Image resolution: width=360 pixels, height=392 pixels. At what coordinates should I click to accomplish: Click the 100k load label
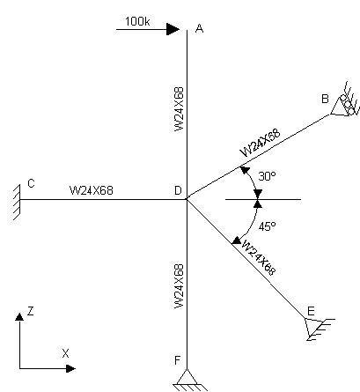[137, 21]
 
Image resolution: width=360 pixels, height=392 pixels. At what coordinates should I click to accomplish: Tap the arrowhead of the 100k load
[173, 29]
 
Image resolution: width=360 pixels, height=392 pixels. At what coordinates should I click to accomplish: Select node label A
[199, 29]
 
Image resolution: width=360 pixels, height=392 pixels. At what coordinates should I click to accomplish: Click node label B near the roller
[325, 99]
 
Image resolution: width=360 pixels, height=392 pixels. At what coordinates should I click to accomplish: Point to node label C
[31, 183]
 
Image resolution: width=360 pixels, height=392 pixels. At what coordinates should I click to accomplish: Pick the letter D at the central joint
[178, 190]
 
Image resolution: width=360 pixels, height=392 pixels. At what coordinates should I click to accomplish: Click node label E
[311, 311]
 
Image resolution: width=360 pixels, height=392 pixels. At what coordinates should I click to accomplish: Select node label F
[177, 360]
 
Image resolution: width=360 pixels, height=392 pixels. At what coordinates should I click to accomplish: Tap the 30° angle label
[267, 176]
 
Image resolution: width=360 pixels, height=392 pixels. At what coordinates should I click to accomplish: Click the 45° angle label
[267, 226]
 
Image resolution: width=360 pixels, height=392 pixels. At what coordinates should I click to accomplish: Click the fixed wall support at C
[15, 203]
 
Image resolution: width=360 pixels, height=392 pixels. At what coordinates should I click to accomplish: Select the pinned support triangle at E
[320, 329]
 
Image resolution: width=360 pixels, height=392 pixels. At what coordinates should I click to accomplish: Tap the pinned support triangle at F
[187, 380]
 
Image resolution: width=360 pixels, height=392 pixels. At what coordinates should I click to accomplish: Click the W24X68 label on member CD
[92, 190]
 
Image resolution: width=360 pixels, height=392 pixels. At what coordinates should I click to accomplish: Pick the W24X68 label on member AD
[179, 109]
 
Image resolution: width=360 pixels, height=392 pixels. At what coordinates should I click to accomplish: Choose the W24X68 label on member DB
[261, 143]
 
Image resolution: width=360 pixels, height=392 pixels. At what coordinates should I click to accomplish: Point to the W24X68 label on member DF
[179, 286]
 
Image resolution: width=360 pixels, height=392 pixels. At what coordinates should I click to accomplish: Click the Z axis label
[31, 311]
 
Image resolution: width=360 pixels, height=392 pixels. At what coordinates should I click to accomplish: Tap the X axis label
[65, 353]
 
